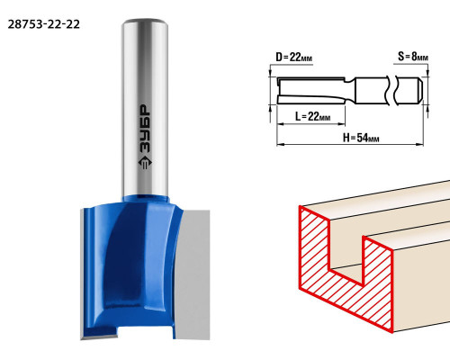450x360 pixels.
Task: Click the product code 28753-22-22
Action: click(x=44, y=24)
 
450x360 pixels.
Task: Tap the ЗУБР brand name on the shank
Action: click(x=146, y=129)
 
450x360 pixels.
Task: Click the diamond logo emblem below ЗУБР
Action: click(x=145, y=163)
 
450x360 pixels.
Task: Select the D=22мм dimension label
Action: click(x=293, y=57)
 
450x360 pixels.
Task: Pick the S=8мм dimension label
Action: click(x=413, y=56)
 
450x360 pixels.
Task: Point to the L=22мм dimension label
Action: click(x=312, y=116)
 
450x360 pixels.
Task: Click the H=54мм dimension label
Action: click(x=361, y=138)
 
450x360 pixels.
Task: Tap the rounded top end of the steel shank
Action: click(x=145, y=22)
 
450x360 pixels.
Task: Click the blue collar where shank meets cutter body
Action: click(x=146, y=199)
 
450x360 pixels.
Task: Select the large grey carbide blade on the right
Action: click(x=193, y=274)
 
